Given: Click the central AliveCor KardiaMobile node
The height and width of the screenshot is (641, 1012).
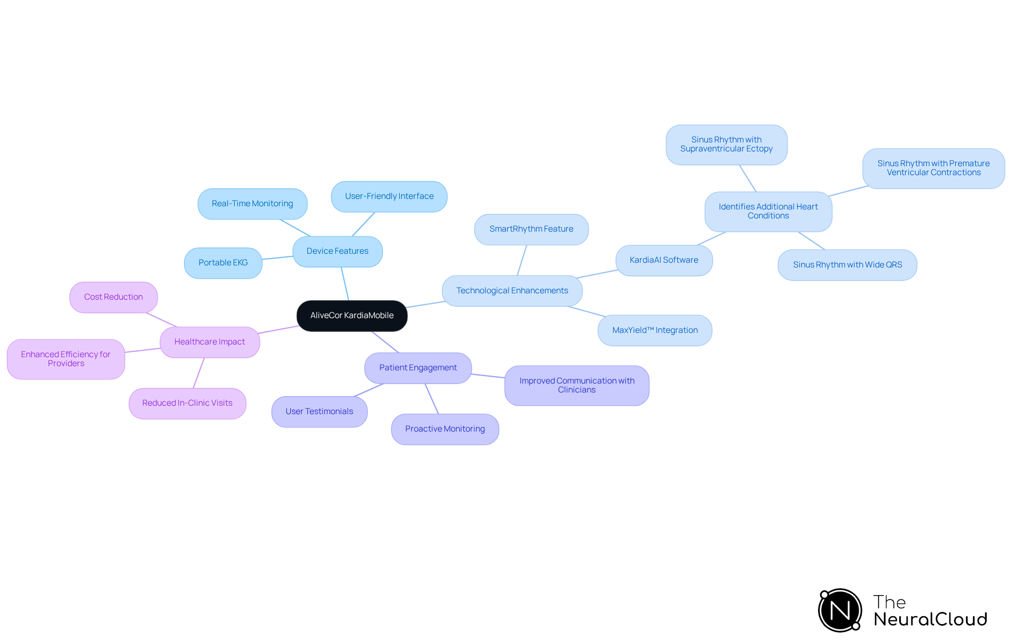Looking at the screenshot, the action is pyautogui.click(x=352, y=315).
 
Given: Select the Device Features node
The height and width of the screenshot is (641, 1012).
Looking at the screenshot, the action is pyautogui.click(x=337, y=251).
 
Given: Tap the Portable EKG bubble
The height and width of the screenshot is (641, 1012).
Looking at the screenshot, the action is pyautogui.click(x=223, y=263).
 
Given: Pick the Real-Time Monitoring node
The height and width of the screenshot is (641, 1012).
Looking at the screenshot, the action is pyautogui.click(x=252, y=204).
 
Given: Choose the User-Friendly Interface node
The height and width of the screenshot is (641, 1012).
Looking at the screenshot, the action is pyautogui.click(x=389, y=196).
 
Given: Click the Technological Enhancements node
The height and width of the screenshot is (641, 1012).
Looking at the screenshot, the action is pyautogui.click(x=512, y=291).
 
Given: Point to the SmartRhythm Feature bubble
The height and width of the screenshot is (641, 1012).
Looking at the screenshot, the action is pyautogui.click(x=531, y=229).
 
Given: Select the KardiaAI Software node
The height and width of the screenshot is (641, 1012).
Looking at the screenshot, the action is pyautogui.click(x=664, y=260).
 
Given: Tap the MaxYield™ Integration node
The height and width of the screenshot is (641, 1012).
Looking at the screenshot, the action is pyautogui.click(x=655, y=330).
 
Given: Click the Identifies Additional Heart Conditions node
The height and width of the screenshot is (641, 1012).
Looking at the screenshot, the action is pyautogui.click(x=768, y=211).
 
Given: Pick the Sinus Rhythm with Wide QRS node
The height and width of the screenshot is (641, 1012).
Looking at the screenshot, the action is pyautogui.click(x=847, y=265).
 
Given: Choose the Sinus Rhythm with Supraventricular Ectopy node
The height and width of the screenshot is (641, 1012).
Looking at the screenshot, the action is pyautogui.click(x=726, y=145).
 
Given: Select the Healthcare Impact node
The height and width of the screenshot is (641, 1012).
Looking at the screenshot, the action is pyautogui.click(x=209, y=342).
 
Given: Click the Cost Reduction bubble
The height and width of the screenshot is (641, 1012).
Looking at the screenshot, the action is pyautogui.click(x=113, y=297).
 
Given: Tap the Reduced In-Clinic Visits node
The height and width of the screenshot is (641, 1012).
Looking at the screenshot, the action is pyautogui.click(x=187, y=403).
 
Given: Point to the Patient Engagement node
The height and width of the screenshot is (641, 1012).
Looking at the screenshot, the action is pyautogui.click(x=418, y=368).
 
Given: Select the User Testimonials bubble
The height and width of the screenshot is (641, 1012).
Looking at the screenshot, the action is pyautogui.click(x=319, y=412).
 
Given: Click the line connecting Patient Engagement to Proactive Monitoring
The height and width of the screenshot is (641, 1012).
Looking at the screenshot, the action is pyautogui.click(x=432, y=399).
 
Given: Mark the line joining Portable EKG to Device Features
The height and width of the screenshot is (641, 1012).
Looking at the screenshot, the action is pyautogui.click(x=277, y=258).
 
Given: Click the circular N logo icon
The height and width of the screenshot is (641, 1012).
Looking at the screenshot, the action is pyautogui.click(x=840, y=610).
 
